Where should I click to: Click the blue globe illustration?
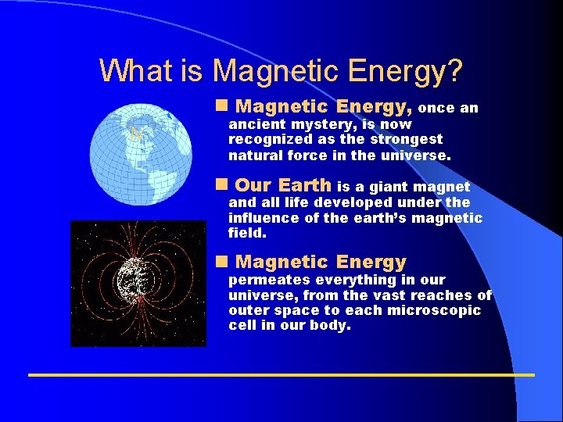point(140,148)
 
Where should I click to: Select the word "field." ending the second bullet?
point(248,233)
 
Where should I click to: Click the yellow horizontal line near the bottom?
point(281,375)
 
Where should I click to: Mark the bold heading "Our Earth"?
point(283,186)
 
